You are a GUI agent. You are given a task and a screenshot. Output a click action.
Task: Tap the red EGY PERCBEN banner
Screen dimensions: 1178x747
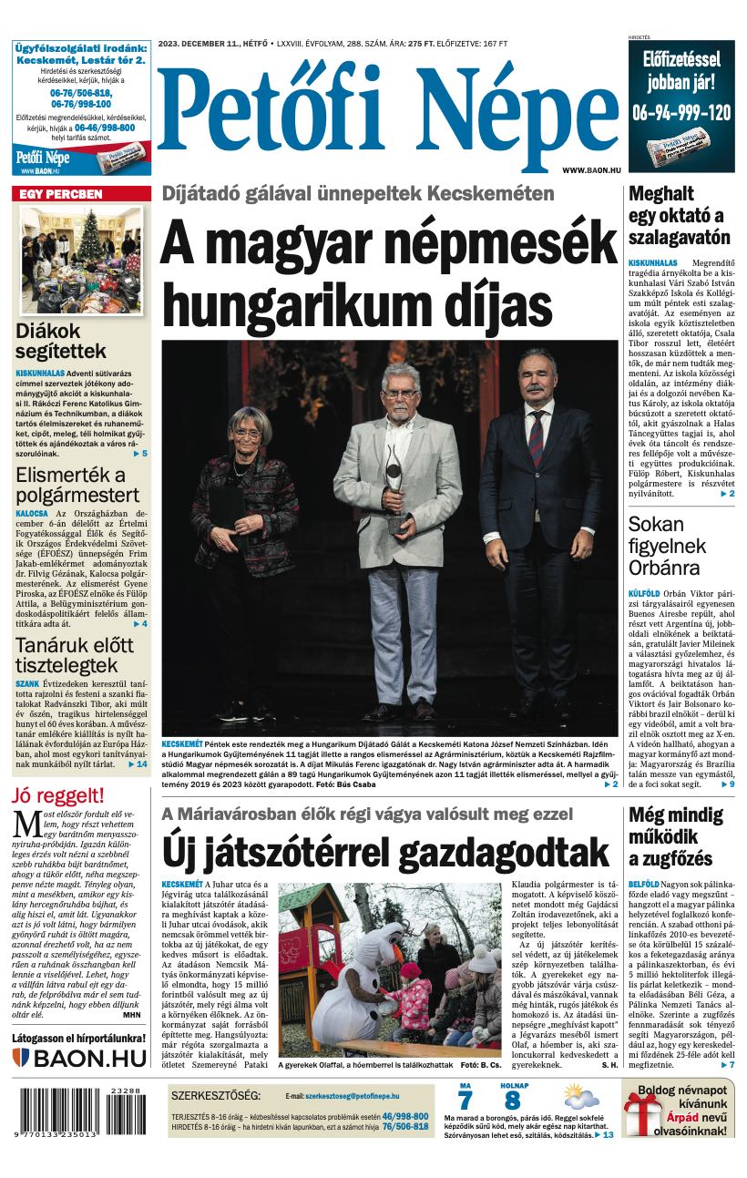pos(81,194)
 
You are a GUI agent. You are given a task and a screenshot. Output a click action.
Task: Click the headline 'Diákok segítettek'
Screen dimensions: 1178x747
pos(60,342)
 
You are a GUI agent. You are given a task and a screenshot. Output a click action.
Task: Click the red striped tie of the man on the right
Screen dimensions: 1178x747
pos(537,438)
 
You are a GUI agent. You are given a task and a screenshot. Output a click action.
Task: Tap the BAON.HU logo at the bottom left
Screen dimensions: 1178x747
pos(79,1058)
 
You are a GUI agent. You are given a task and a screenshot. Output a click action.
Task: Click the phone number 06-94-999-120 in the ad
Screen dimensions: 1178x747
pos(680,112)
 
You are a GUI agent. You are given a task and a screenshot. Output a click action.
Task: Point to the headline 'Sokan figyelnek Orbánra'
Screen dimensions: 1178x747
pos(667,546)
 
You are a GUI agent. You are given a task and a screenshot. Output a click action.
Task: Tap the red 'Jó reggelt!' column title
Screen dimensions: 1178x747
pos(57,794)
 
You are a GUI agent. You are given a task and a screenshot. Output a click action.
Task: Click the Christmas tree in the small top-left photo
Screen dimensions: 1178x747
pos(90,239)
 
